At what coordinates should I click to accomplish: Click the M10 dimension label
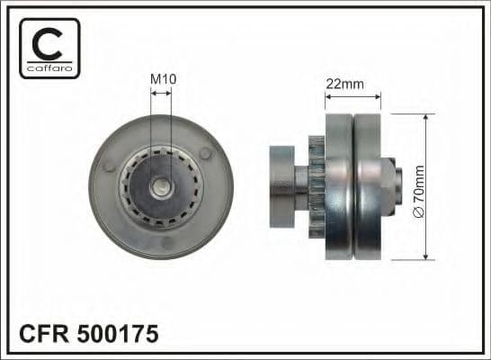click(x=162, y=79)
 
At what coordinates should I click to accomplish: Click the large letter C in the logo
click(x=49, y=42)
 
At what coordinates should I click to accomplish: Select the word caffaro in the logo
click(x=49, y=67)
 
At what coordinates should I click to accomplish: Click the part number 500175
click(x=122, y=335)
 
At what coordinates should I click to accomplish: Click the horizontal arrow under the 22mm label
click(x=353, y=94)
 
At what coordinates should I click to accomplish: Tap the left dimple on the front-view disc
click(x=110, y=167)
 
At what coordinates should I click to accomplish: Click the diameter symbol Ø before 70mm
click(x=418, y=211)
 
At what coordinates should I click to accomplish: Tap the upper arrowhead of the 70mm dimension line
click(x=433, y=116)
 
